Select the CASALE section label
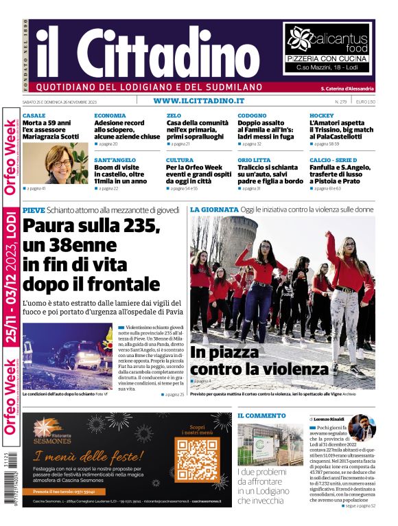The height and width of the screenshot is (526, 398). (x=34, y=115)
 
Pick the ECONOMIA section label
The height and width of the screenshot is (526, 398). (x=110, y=115)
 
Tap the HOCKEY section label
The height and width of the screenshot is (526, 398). (x=322, y=115)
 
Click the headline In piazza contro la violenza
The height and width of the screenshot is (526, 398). (x=259, y=361)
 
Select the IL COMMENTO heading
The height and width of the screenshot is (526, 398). (x=261, y=415)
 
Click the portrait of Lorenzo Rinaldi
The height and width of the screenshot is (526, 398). (x=362, y=428)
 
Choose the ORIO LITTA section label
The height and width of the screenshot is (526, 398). (x=254, y=160)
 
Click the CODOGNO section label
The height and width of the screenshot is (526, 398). (x=252, y=115)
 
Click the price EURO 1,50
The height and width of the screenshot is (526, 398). (x=366, y=102)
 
